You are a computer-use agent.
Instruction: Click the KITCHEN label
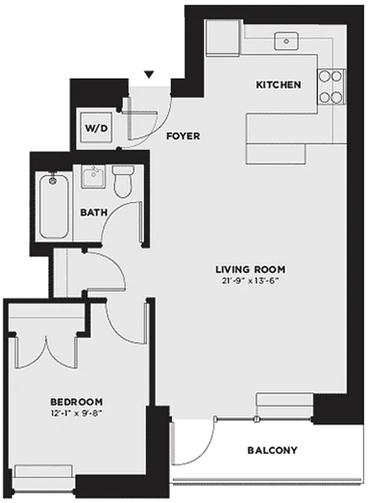point(278,85)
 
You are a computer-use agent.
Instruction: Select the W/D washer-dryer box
point(97,128)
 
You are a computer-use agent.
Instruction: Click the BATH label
point(93,212)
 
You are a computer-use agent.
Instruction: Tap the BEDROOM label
point(77,402)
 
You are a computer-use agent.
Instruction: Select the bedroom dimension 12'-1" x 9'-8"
point(77,413)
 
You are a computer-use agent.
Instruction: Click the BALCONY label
point(272,450)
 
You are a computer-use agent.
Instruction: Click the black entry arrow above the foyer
point(149,75)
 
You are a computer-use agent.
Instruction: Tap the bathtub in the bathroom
point(55,206)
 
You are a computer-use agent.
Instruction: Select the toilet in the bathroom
point(121,179)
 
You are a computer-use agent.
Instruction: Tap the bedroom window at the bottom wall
point(43,472)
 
